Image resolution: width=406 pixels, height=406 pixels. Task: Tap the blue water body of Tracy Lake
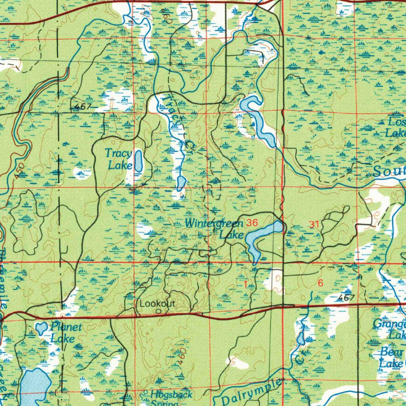point(138,161)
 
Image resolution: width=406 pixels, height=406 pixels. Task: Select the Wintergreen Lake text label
point(214,229)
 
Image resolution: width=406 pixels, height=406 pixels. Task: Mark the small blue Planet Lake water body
point(40,328)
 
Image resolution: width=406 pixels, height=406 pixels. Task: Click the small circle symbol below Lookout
point(158,312)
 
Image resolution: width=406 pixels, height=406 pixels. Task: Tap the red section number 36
point(252,223)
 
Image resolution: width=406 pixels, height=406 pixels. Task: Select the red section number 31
point(314,225)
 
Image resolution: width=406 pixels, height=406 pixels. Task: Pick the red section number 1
point(246,284)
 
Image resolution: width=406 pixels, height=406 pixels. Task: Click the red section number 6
point(320,283)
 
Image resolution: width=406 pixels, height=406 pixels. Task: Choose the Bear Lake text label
point(391,357)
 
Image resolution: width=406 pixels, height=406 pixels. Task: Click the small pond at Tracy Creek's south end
point(181,183)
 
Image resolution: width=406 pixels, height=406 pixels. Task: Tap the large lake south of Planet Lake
point(35,387)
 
